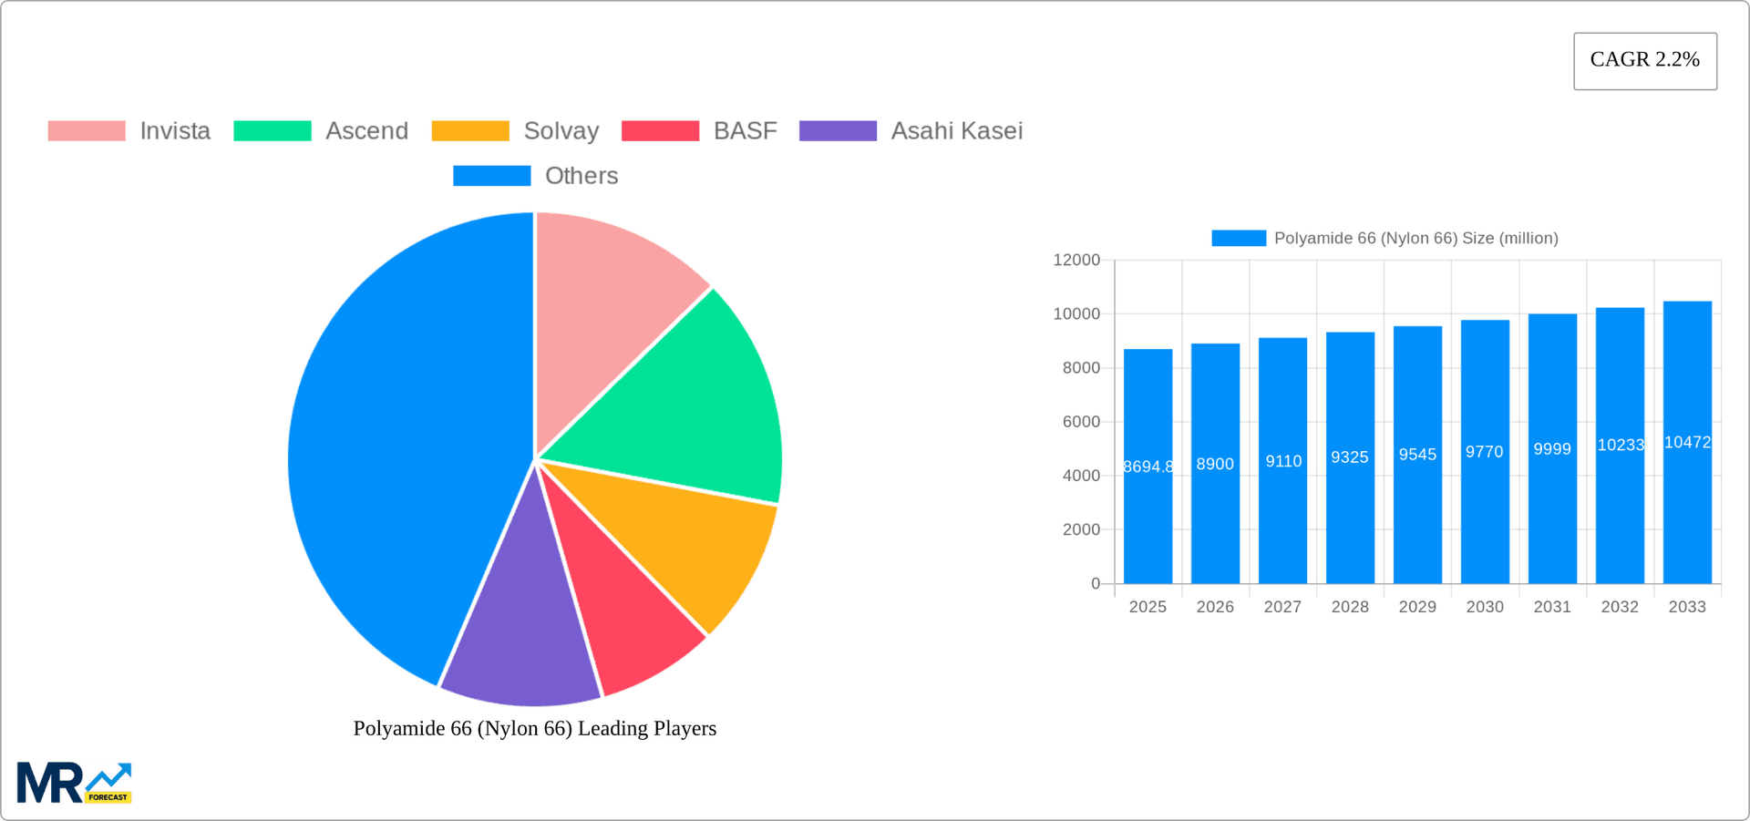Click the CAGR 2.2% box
point(1644,60)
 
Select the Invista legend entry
point(129,131)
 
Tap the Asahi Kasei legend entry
point(911,131)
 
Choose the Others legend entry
point(536,176)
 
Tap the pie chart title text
point(535,728)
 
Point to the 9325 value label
point(1350,457)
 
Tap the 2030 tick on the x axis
point(1485,607)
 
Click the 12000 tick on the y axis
point(1076,261)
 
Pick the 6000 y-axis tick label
point(1081,422)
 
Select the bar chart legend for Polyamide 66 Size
point(1385,239)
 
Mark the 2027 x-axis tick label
point(1282,607)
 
